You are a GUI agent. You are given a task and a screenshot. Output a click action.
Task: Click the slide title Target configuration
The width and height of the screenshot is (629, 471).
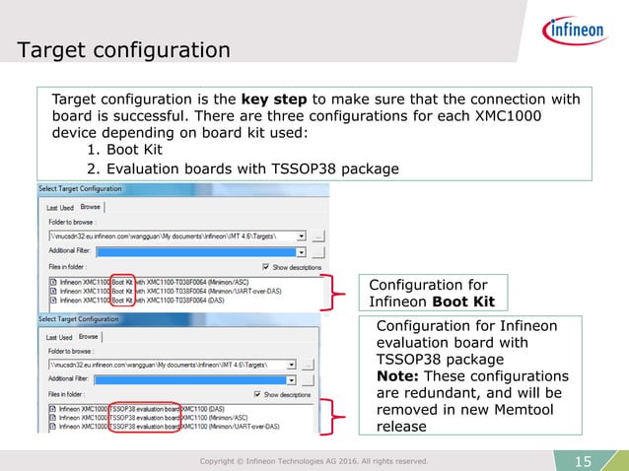124,48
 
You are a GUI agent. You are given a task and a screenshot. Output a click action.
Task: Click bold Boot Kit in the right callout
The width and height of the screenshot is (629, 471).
459,302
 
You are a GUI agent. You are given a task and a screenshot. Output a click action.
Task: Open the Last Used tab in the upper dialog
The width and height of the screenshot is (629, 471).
60,208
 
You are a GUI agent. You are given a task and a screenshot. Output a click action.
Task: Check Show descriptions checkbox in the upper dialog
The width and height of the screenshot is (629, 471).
266,266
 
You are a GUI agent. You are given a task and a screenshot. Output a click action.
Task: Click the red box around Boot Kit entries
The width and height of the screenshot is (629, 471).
121,292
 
